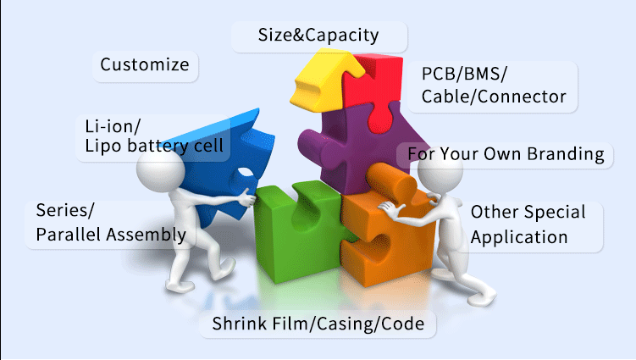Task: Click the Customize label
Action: click(144, 65)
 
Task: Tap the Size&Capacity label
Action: click(318, 36)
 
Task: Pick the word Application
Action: click(518, 236)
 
